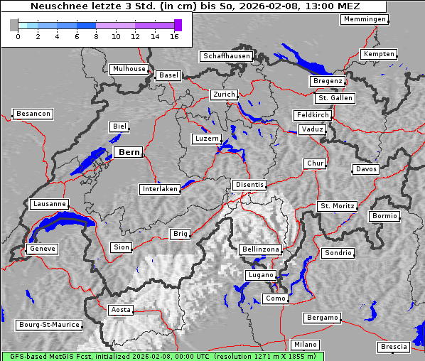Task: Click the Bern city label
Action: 129,152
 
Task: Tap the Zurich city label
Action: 223,95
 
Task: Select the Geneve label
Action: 42,249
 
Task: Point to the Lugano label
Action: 260,275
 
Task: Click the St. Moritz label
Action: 337,206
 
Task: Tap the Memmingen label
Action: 365,19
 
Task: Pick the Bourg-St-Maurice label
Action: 49,325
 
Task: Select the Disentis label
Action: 249,185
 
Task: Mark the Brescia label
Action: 394,347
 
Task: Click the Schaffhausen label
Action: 226,56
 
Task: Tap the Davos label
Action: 366,169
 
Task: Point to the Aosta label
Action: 121,310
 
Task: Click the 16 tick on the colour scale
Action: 174,37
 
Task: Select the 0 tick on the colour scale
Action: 17,37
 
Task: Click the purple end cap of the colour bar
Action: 178,26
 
